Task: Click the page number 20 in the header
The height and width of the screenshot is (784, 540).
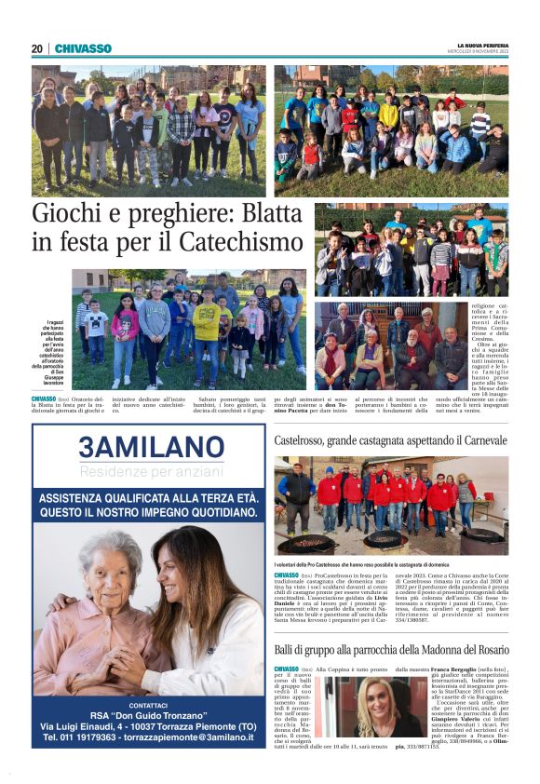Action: coord(37,48)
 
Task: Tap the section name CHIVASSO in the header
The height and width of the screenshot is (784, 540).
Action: coord(83,48)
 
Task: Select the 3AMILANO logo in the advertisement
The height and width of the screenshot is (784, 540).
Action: coord(151,447)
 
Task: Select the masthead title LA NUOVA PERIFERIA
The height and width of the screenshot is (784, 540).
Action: coord(483,45)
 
